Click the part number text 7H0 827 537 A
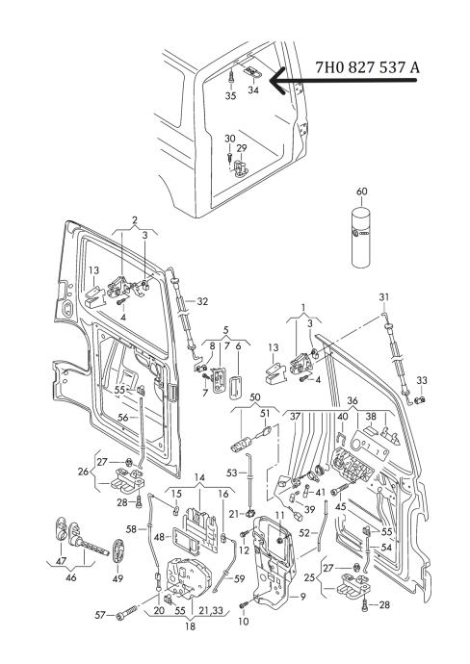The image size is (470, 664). click(367, 67)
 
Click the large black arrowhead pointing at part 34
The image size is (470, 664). click(279, 81)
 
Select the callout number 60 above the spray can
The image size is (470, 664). click(361, 192)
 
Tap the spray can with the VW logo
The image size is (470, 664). click(361, 238)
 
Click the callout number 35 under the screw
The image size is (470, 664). click(230, 96)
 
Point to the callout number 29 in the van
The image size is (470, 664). click(242, 148)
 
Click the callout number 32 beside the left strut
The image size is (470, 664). click(202, 301)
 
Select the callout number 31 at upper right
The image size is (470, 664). click(384, 297)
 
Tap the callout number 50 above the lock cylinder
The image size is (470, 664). click(255, 397)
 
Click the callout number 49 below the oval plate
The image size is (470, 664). click(117, 578)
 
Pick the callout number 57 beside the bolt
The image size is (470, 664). click(99, 615)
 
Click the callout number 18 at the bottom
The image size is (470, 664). click(191, 626)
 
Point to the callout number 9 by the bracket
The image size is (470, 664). click(303, 597)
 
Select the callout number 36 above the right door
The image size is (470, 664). click(352, 400)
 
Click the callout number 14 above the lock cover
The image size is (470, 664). click(199, 478)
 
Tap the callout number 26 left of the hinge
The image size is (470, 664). click(84, 472)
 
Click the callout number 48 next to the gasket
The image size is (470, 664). click(159, 537)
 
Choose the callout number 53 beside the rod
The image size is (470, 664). click(232, 472)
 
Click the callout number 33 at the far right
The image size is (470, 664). click(422, 381)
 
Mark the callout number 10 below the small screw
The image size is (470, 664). click(244, 622)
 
